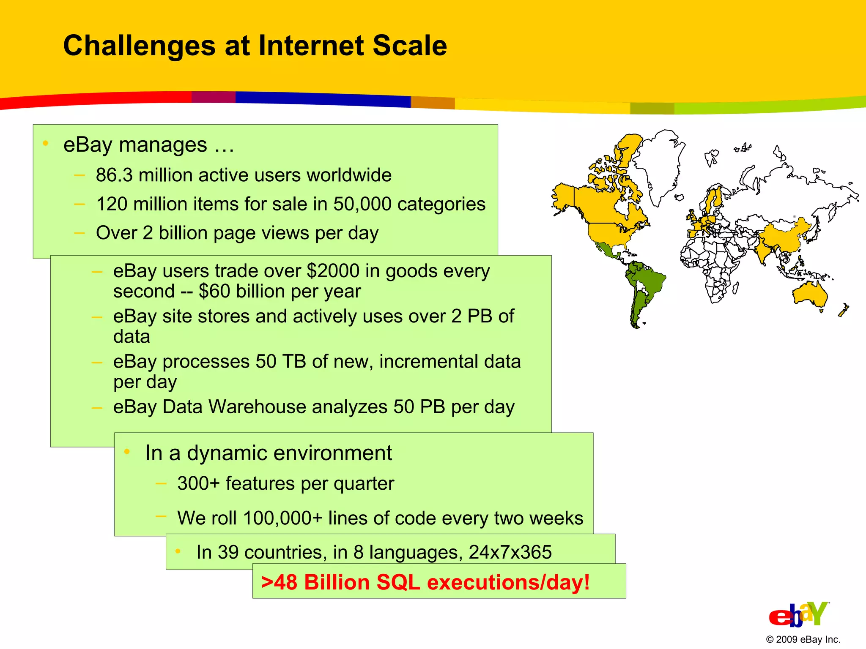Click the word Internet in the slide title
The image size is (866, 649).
click(311, 46)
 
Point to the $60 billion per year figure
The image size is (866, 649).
click(280, 292)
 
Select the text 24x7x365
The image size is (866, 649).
click(510, 552)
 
